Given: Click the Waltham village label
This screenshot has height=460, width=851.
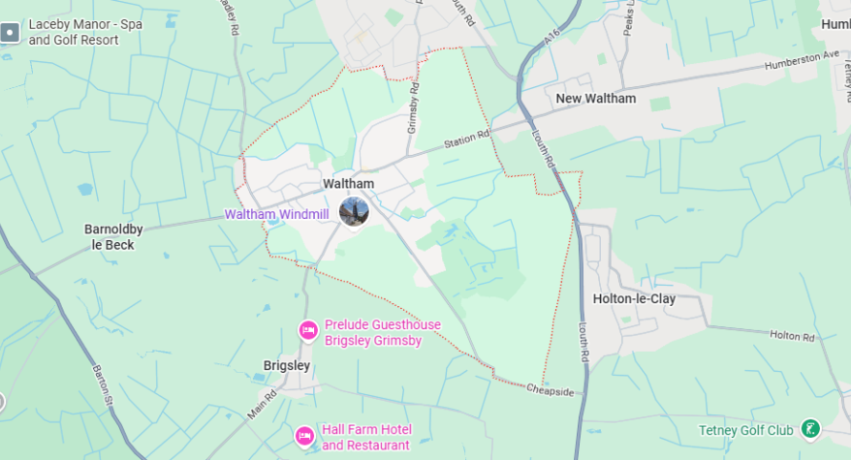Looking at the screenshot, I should click(348, 183).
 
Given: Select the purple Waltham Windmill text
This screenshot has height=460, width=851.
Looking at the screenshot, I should click(278, 214).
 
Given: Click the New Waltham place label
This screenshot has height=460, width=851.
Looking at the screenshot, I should click(595, 99).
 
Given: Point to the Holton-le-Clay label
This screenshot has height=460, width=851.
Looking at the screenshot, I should click(634, 299).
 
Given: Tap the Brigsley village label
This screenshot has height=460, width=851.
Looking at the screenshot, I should click(287, 365).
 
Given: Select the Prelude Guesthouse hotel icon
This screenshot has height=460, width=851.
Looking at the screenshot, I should click(308, 331).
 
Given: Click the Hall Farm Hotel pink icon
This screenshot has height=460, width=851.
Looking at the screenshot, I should click(304, 437).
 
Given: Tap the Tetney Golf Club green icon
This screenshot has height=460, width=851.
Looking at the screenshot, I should click(811, 428).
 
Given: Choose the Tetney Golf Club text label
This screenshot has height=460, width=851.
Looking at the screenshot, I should click(745, 430).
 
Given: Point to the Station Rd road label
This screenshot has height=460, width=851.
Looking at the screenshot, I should click(467, 141).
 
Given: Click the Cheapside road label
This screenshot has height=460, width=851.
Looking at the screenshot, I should click(551, 391).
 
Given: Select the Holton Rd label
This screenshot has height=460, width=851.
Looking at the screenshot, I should click(792, 336).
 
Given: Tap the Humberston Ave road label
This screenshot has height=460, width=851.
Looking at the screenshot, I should click(800, 60).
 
